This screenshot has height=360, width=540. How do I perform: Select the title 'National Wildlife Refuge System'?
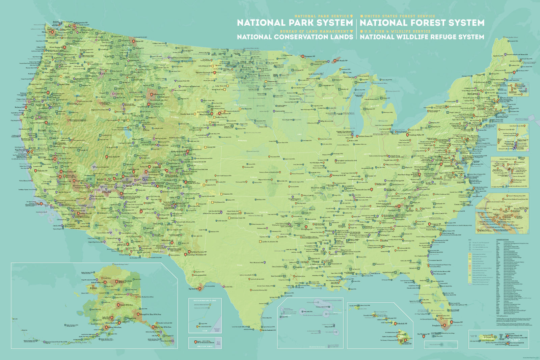coord(422,37)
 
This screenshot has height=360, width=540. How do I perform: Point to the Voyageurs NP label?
coord(310,56)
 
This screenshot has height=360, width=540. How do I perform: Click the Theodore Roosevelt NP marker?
coord(215,73)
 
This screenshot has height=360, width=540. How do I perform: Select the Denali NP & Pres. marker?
coord(118,305)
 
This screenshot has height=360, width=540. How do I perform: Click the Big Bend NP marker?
coord(200,289)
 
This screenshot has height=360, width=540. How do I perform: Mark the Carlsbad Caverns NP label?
coord(199,252)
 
